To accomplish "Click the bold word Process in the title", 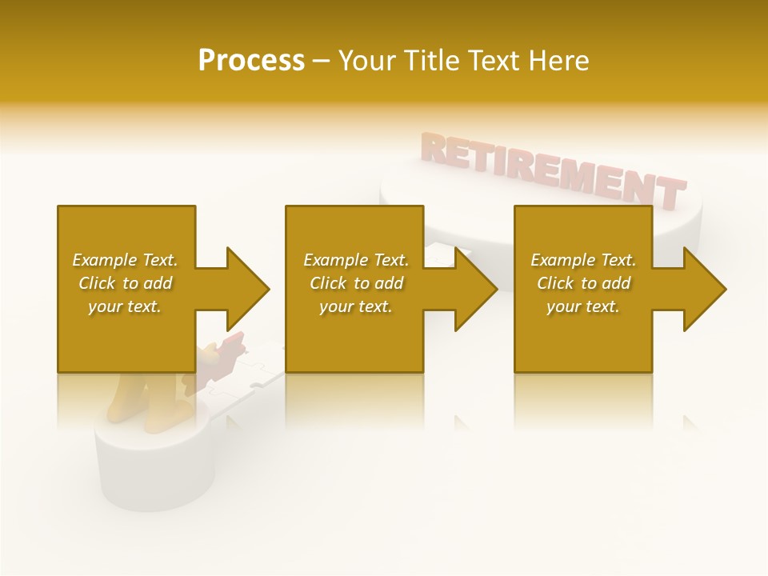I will [251, 60].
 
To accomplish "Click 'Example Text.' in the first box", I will [125, 260].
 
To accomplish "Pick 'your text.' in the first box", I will [125, 306].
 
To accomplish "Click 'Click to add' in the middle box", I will [356, 283].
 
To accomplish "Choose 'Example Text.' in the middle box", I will [356, 260].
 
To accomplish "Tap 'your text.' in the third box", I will [583, 306].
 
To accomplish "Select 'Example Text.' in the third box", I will [583, 260].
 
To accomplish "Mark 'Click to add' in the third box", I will [583, 283].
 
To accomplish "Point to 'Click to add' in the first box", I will [125, 283].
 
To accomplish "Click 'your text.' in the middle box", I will [356, 306].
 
